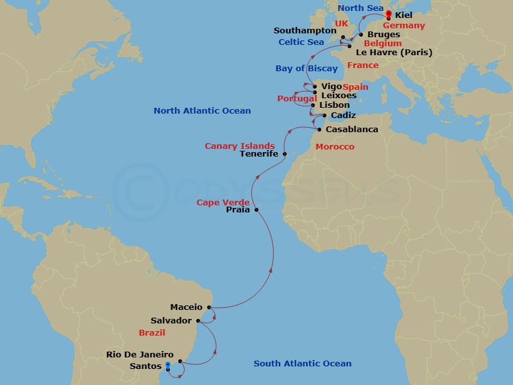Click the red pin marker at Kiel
(389, 12)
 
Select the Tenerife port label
(259, 154)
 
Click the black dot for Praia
(256, 210)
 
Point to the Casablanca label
(352, 129)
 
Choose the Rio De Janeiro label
(140, 354)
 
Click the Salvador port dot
(198, 320)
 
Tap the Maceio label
(187, 307)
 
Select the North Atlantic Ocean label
(202, 111)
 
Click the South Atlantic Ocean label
(303, 364)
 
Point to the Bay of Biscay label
(307, 69)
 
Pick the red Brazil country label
(152, 333)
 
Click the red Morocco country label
(335, 147)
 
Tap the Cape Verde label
(223, 203)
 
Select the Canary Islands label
(240, 146)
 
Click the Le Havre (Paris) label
(394, 53)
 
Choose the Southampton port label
(305, 30)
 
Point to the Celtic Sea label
(301, 42)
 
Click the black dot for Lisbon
(313, 105)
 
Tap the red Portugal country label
(297, 98)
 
